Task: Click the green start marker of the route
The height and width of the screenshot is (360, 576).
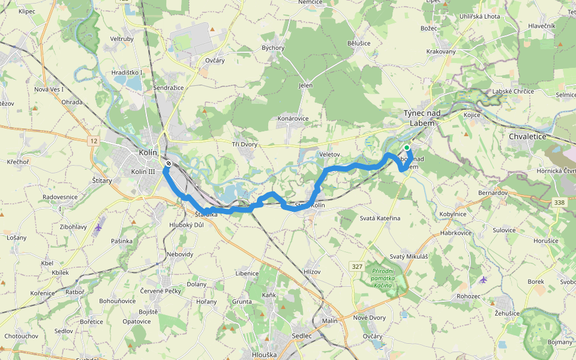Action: (407, 148)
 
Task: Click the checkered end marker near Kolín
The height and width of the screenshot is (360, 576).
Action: (170, 163)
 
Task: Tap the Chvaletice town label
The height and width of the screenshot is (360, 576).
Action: (527, 137)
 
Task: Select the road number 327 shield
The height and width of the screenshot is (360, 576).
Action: (356, 265)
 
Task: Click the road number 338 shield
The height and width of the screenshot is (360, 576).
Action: (559, 203)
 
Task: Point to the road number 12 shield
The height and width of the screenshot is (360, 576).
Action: (93, 140)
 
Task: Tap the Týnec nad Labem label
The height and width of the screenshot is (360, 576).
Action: (421, 118)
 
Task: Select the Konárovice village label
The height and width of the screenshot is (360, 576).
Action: (293, 119)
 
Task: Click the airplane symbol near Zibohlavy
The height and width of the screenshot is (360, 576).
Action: (98, 227)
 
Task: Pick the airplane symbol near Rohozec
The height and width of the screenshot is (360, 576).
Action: (484, 279)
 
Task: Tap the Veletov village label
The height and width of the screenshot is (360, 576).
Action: (329, 154)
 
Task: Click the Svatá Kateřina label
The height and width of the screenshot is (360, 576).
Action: (380, 218)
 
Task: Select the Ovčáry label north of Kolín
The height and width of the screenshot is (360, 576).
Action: (215, 60)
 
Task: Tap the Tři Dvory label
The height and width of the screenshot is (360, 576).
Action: (244, 145)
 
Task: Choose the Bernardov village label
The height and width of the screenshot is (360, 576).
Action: (493, 194)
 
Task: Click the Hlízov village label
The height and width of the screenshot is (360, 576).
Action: (312, 272)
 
